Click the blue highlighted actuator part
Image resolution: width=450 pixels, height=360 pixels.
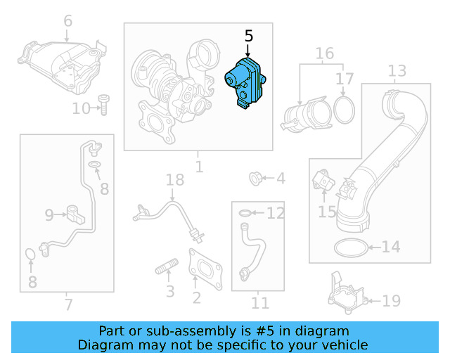pos(245,84)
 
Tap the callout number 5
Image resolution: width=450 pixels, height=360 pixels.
pos(248,35)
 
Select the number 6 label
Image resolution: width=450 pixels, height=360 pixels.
pos(67,21)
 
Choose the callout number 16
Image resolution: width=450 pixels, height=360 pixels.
pos(324,54)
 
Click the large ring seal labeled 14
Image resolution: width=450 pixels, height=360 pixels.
pos(349,247)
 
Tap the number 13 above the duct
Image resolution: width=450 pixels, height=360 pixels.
pos(397,71)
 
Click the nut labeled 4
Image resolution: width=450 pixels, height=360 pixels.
pos(257,179)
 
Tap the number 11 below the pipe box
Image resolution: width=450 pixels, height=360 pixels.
pos(260,303)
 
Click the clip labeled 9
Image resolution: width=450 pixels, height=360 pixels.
pos(75,211)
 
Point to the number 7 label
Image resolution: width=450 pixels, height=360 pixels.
pos(67,304)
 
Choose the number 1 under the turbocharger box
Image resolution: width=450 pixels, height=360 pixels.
pos(199,167)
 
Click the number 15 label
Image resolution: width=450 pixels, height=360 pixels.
pos(327,210)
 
